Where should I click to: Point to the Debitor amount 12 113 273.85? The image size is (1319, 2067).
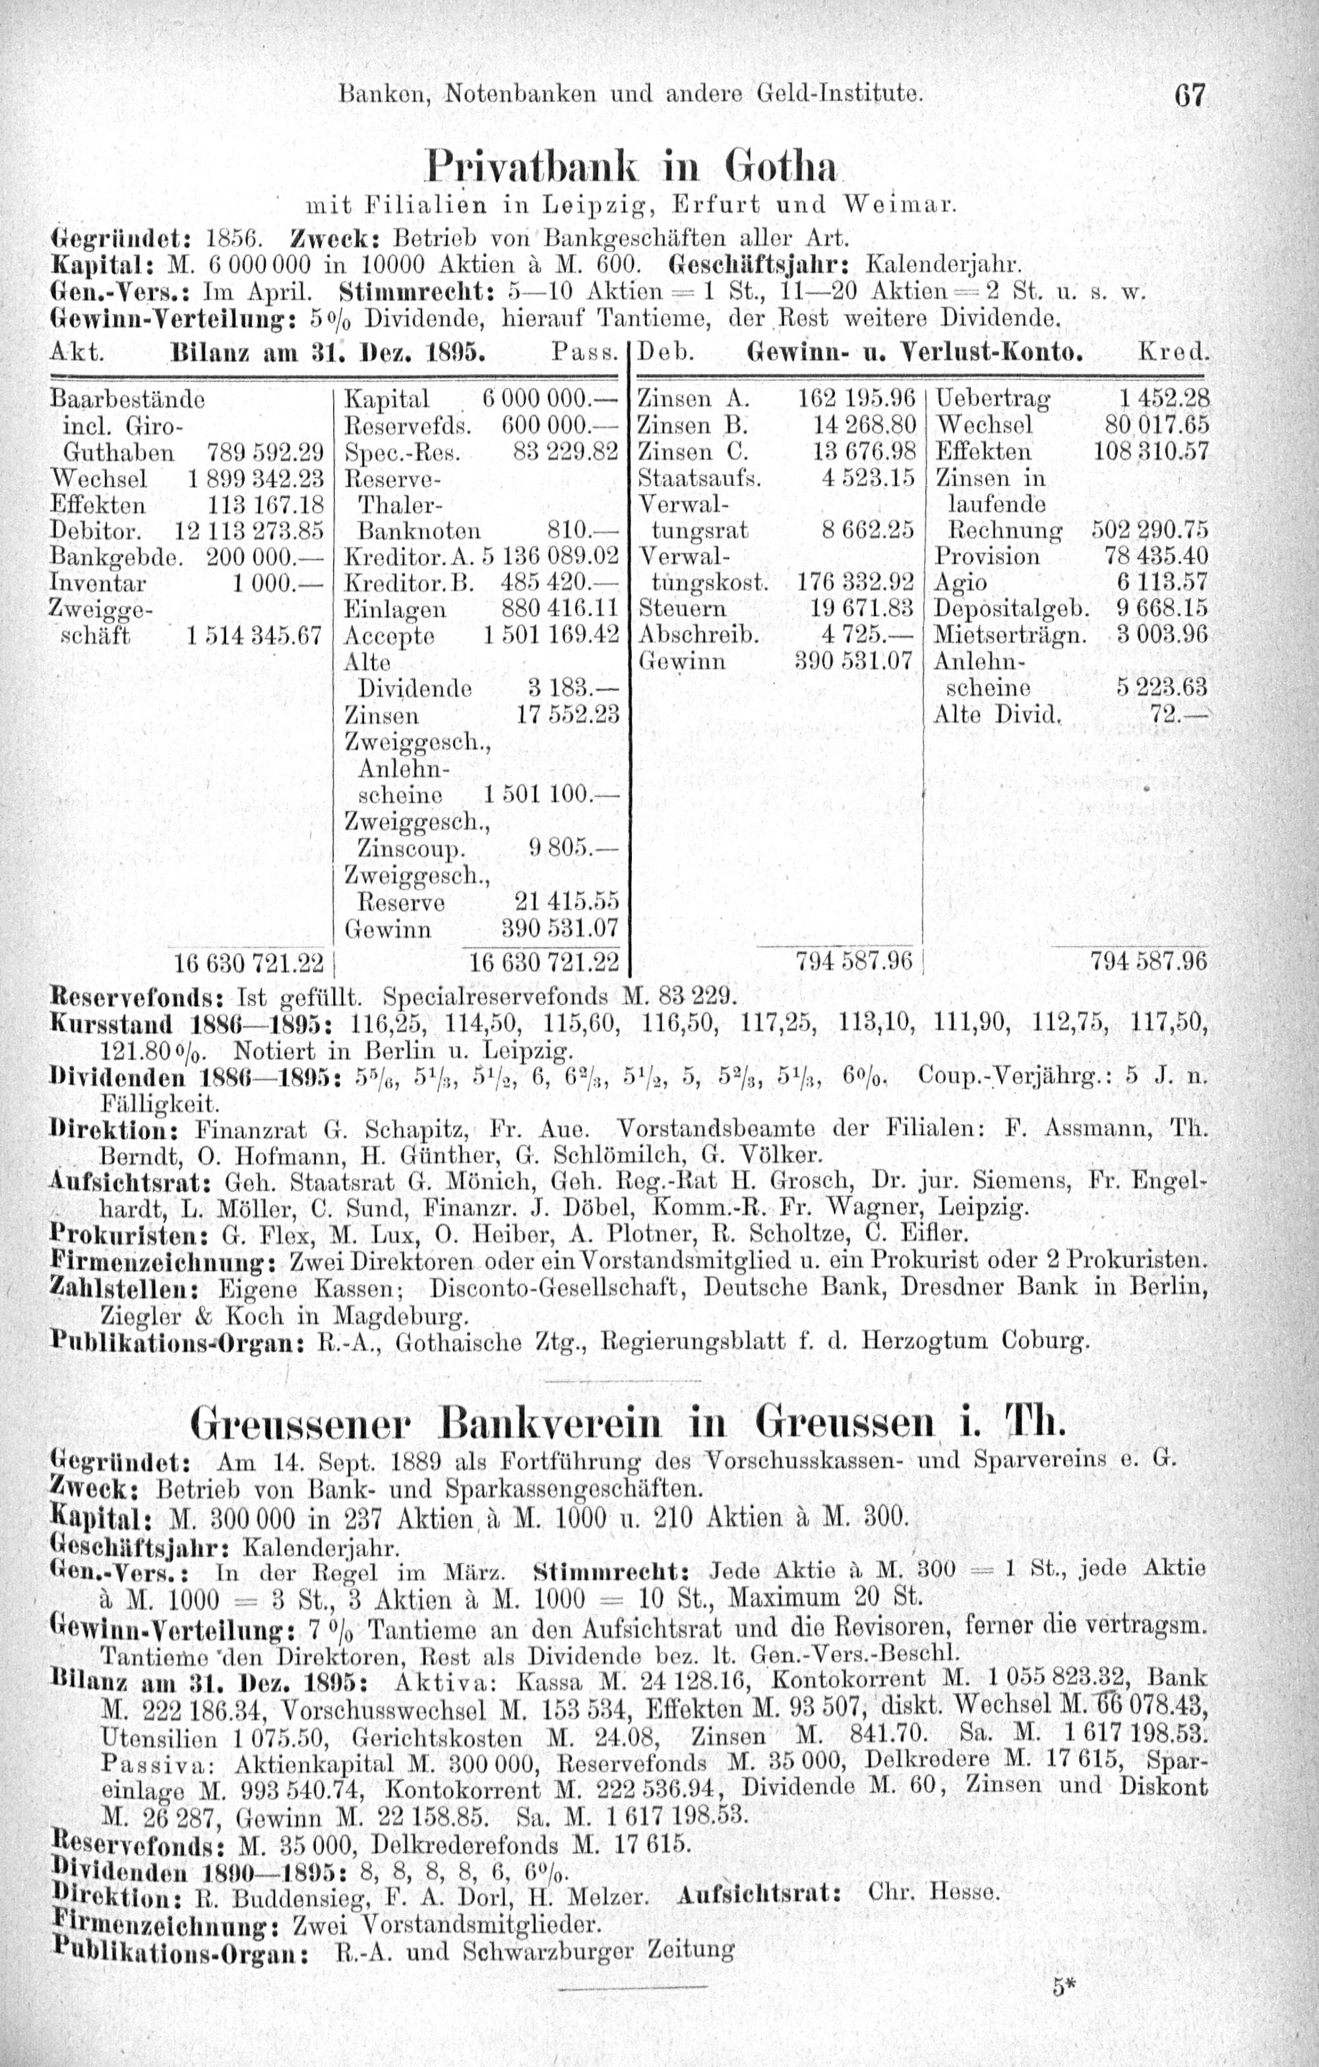[x=248, y=530]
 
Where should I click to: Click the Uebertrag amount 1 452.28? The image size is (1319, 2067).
[x=1163, y=398]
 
